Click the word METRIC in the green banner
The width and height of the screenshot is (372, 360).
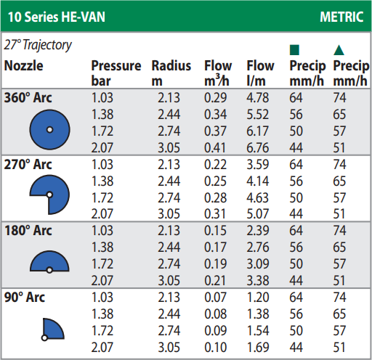click(341, 17)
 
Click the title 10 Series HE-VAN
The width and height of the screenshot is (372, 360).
click(57, 17)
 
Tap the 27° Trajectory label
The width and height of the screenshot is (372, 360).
click(38, 45)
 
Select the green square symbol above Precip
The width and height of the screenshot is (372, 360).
click(294, 50)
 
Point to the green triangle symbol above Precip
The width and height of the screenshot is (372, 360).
click(339, 50)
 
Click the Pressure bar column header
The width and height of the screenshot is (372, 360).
click(116, 73)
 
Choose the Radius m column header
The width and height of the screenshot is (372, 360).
click(171, 73)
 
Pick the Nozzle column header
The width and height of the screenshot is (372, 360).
click(24, 66)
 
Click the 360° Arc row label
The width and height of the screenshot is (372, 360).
click(28, 98)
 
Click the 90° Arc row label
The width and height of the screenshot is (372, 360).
click(25, 297)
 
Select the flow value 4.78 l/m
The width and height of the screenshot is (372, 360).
click(258, 98)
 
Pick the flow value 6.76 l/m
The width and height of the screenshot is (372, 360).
click(258, 147)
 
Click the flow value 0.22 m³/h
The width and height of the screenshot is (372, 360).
click(215, 165)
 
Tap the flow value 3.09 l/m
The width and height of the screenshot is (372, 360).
click(258, 263)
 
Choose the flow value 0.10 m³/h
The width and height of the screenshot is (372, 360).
click(215, 348)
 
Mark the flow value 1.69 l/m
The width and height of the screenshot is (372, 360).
click(258, 348)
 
